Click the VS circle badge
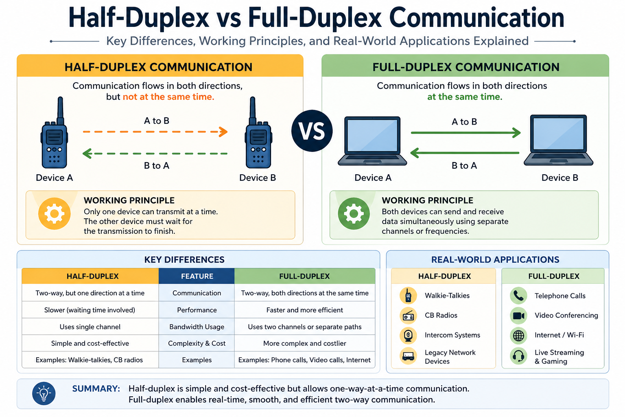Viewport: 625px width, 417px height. click(312, 131)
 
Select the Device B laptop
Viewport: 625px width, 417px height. click(559, 140)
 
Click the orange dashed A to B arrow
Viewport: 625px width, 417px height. click(155, 132)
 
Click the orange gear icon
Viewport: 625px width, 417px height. click(55, 213)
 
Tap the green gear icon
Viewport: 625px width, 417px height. click(354, 213)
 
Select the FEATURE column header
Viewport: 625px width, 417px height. click(197, 276)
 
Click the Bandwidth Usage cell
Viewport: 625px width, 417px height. click(197, 327)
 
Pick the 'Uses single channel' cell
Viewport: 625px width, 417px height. click(90, 327)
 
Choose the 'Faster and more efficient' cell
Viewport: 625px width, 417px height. click(304, 310)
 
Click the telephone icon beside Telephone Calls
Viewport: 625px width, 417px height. click(518, 296)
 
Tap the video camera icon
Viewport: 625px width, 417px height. click(518, 316)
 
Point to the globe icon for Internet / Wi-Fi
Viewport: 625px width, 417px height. click(518, 335)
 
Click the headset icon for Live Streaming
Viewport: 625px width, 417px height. click(518, 356)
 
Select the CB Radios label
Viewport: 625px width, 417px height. click(441, 315)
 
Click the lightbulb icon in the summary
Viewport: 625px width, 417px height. click(44, 393)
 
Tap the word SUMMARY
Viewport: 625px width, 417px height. click(96, 388)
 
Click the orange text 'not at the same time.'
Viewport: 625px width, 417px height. click(168, 97)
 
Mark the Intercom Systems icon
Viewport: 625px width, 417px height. click(408, 336)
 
